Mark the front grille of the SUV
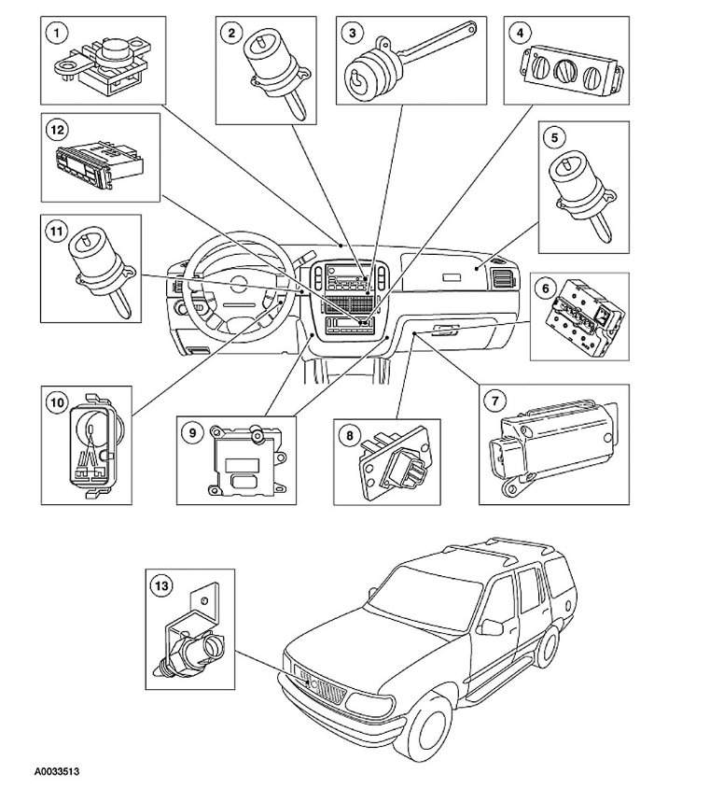(x=322, y=691)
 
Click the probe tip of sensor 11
(x=119, y=308)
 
